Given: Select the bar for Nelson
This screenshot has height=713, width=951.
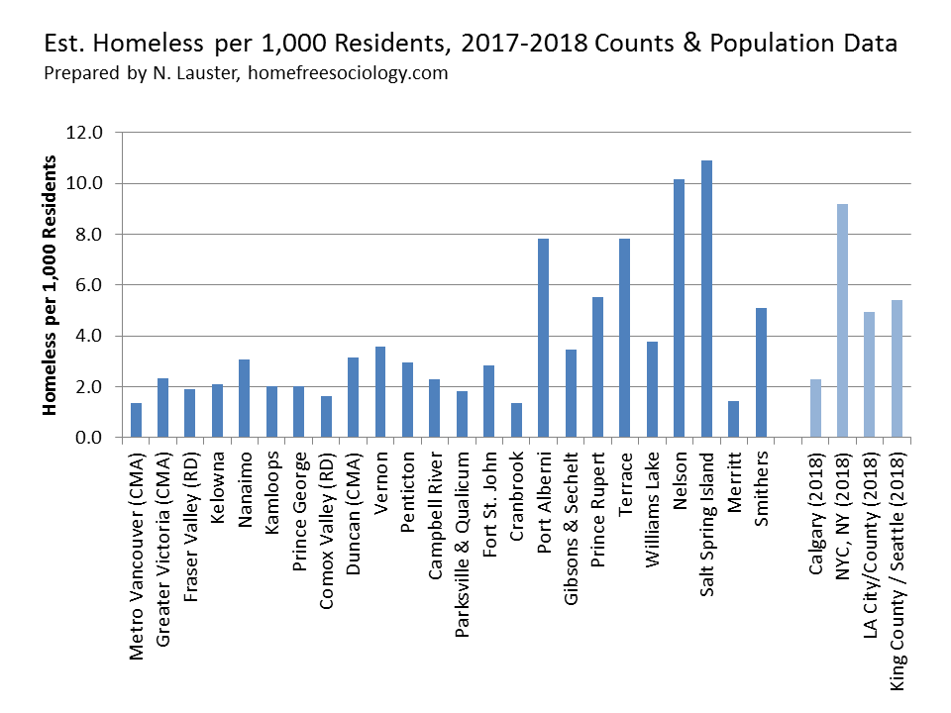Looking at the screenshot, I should tap(680, 308).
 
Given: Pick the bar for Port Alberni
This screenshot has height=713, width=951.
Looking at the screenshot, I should tap(544, 338).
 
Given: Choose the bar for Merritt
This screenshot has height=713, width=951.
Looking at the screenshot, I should tap(734, 419).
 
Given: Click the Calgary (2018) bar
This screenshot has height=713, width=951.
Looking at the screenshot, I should tap(815, 408).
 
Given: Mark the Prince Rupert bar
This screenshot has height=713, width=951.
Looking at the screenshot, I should tap(598, 367).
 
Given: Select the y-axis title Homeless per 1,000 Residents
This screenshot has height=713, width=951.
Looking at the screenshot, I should tap(50, 285).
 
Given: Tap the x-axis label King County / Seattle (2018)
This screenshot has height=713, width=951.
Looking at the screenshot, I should tap(897, 572).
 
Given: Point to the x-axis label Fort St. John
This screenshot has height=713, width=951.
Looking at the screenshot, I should tap(489, 504).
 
